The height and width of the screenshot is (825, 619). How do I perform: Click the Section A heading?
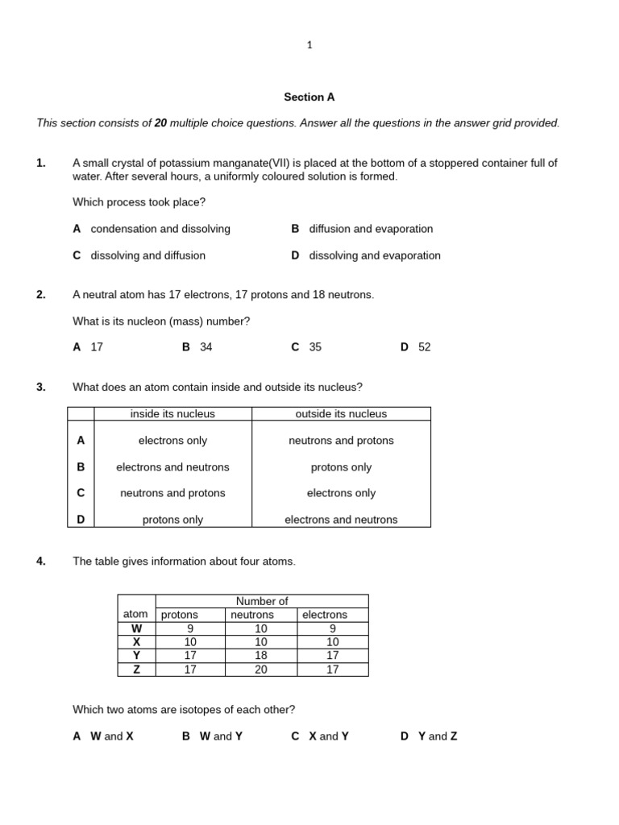(309, 97)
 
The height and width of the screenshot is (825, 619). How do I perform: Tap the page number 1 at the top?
(309, 45)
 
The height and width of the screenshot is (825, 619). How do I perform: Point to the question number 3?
(40, 387)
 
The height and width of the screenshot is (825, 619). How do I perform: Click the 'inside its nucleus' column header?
(172, 414)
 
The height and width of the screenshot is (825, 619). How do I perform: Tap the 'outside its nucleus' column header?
(341, 414)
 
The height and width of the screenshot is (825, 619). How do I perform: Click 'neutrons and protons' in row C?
(172, 493)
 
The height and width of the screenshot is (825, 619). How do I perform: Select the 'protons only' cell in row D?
(172, 520)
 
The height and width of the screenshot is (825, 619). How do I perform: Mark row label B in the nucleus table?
(81, 467)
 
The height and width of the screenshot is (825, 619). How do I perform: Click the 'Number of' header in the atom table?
(261, 601)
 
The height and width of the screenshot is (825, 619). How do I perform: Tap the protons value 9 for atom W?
(190, 628)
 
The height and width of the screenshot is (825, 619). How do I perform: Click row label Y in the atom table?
(136, 656)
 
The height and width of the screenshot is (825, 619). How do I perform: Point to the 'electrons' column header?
(324, 615)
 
